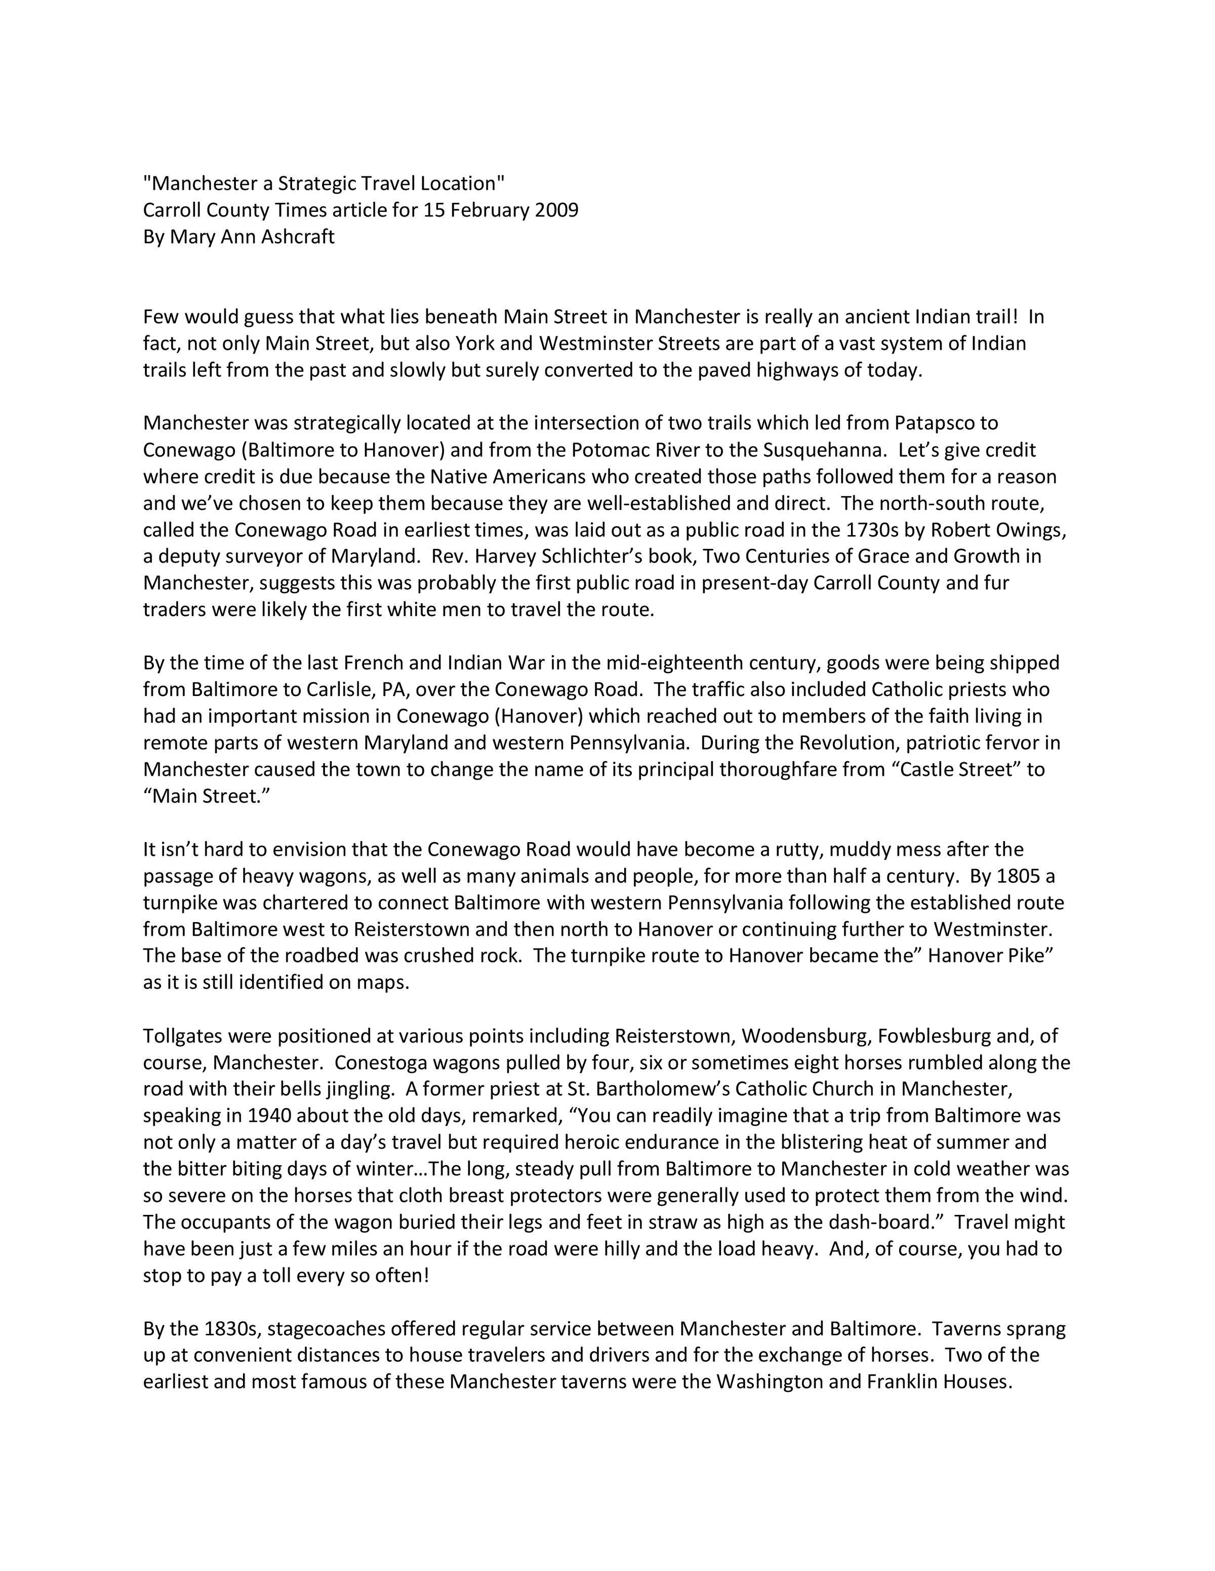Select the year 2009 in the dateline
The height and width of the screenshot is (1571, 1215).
click(556, 210)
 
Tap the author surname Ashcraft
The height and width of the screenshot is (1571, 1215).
click(296, 237)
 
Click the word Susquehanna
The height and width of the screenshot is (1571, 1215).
click(822, 450)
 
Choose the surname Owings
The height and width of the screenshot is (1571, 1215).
click(1026, 530)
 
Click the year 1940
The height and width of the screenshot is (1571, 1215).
click(269, 1116)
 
